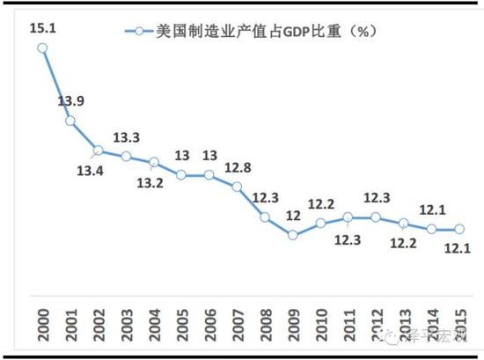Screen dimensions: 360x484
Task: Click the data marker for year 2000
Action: [x=42, y=48]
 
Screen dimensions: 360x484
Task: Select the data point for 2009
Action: [x=293, y=234]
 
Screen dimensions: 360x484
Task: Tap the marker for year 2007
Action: [x=237, y=187]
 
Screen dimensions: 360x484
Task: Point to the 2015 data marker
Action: [x=459, y=229]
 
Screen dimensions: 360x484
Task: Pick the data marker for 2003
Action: [x=126, y=156]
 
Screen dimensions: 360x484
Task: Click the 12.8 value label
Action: [x=238, y=166]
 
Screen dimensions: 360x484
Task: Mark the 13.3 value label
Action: [x=127, y=136]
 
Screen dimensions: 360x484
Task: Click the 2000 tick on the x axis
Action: [x=42, y=322]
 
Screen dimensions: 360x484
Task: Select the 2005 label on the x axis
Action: [x=182, y=322]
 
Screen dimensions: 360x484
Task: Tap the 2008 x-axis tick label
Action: [x=266, y=322]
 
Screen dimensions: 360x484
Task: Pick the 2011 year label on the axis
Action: [x=349, y=322]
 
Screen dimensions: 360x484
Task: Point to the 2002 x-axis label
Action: [x=99, y=322]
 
